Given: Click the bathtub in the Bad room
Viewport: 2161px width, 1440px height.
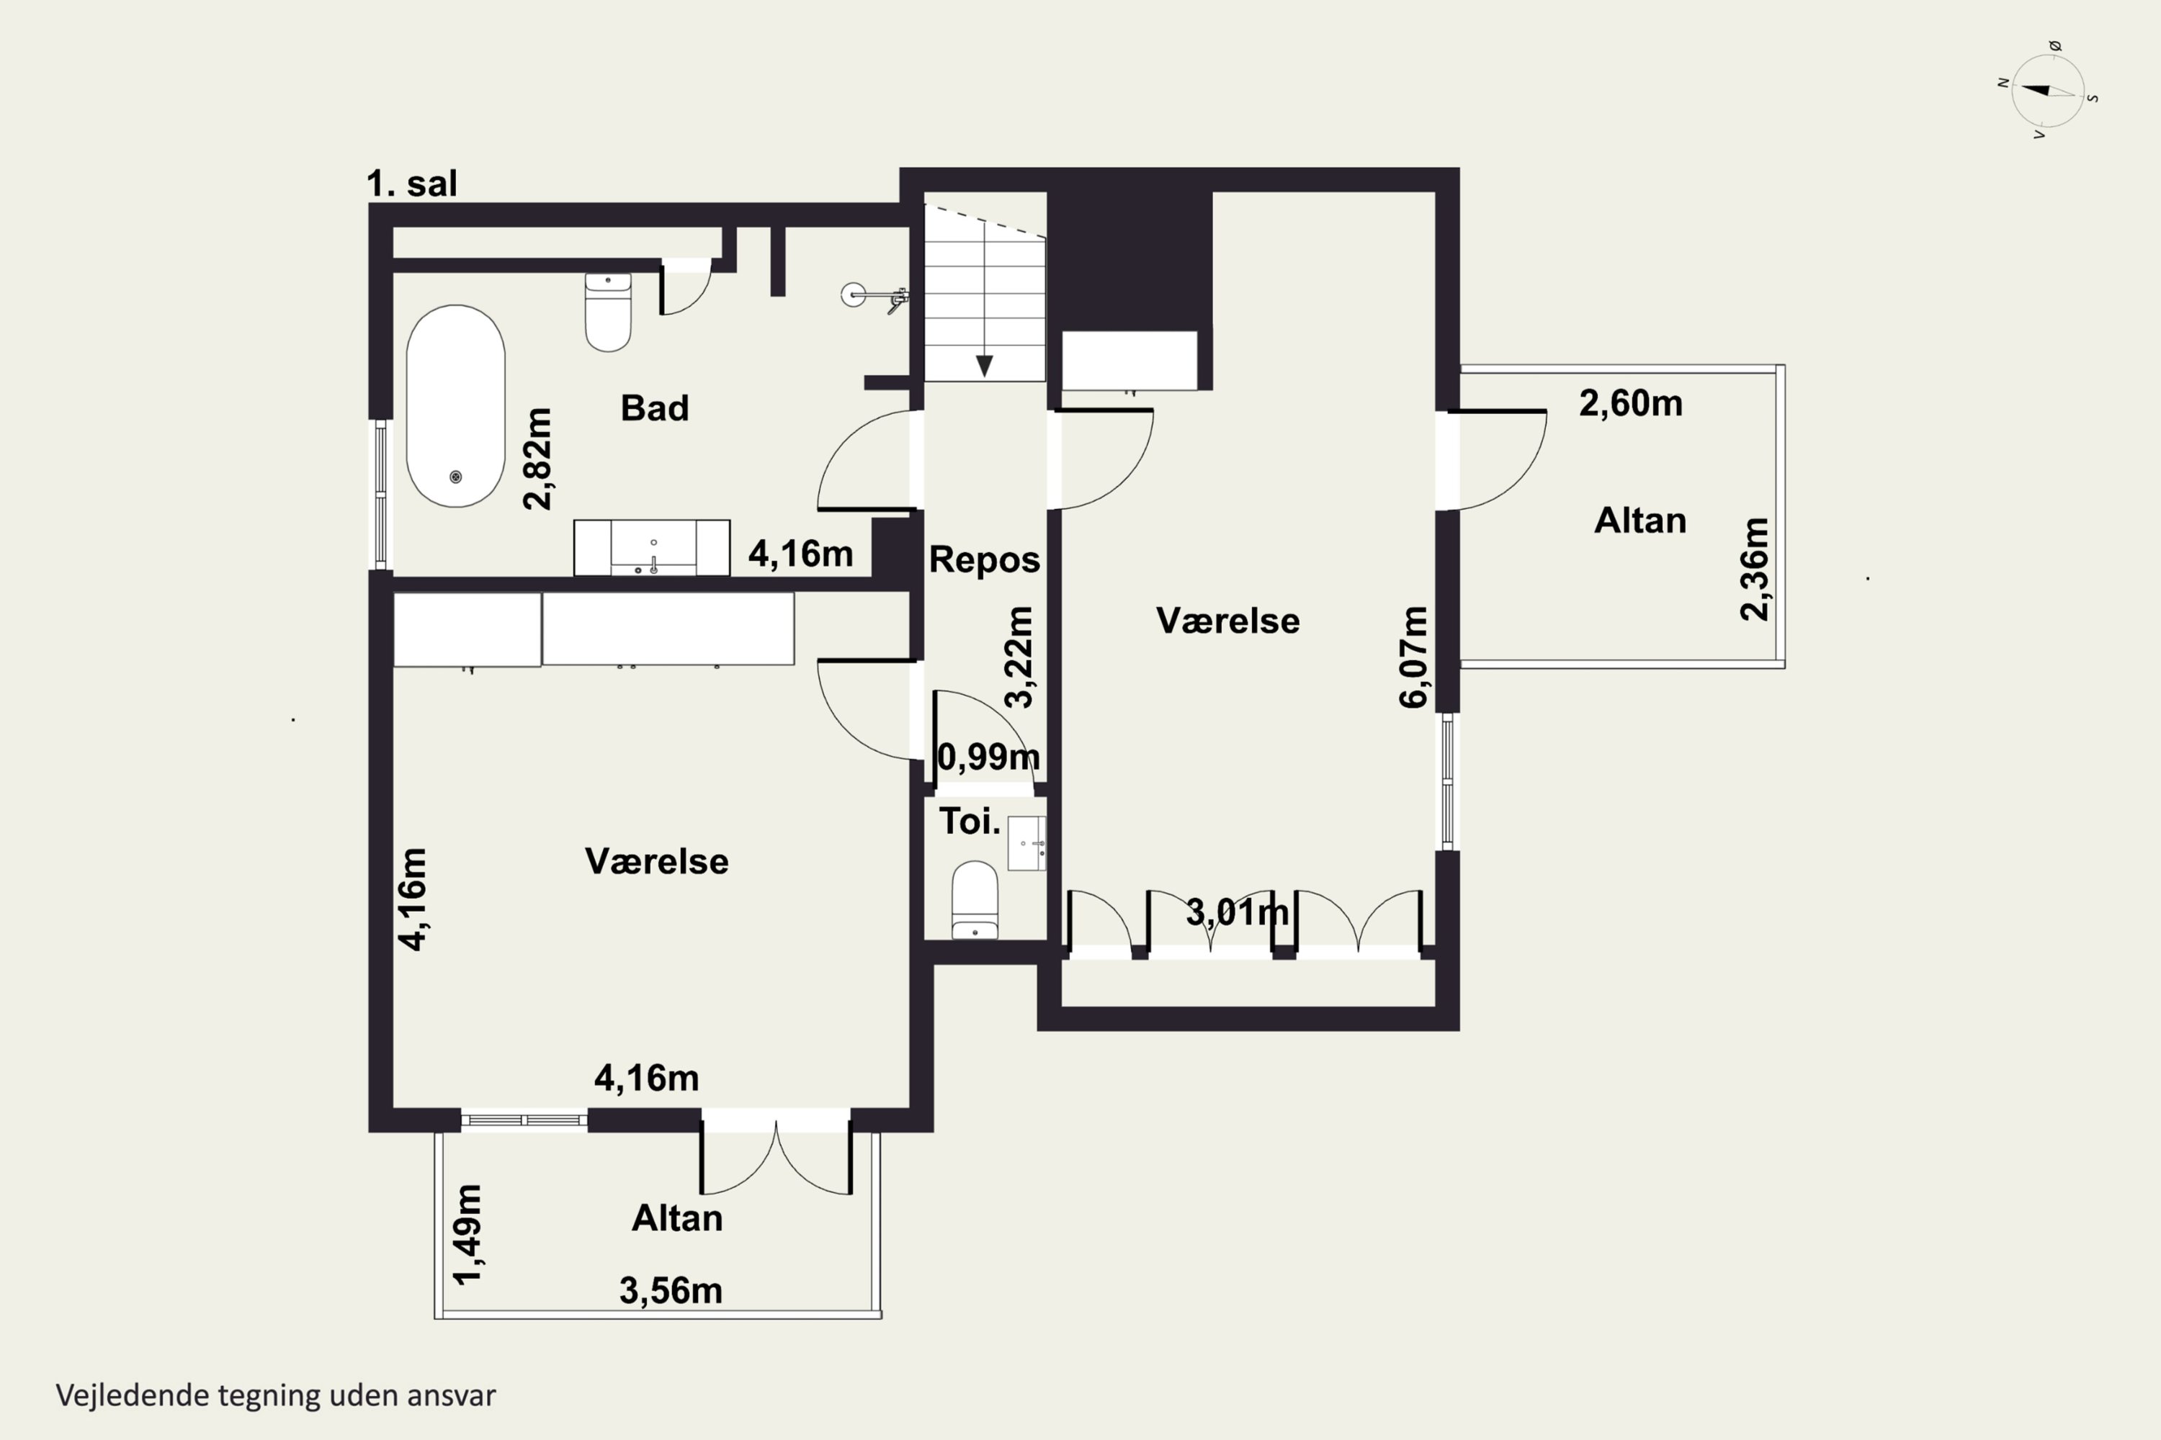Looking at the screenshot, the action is click(456, 406).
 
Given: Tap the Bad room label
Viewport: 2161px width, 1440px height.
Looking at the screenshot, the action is click(654, 408).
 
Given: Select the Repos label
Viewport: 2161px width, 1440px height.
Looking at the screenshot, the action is click(984, 560).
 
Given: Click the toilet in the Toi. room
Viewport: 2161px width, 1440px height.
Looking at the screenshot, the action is click(974, 899).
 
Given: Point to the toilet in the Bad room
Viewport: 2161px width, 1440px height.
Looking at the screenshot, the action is click(608, 312).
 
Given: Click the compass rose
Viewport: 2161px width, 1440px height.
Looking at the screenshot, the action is click(2048, 90).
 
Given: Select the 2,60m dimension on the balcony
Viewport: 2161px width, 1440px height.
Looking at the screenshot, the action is click(1631, 403).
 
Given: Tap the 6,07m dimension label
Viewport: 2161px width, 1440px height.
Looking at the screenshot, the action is click(1413, 657).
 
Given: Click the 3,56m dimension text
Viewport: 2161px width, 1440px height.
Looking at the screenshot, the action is click(671, 1290).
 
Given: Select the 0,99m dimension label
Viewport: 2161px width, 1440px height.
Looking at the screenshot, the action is click(988, 757).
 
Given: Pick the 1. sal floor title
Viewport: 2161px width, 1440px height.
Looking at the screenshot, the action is click(411, 184).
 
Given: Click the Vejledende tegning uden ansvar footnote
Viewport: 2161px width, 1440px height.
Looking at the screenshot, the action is click(276, 1395).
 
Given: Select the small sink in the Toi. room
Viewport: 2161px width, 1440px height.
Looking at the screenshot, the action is click(1026, 842).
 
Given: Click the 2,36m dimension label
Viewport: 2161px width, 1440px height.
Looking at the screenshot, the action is click(1754, 570).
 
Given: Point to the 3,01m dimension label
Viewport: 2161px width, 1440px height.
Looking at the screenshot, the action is click(1237, 912).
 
